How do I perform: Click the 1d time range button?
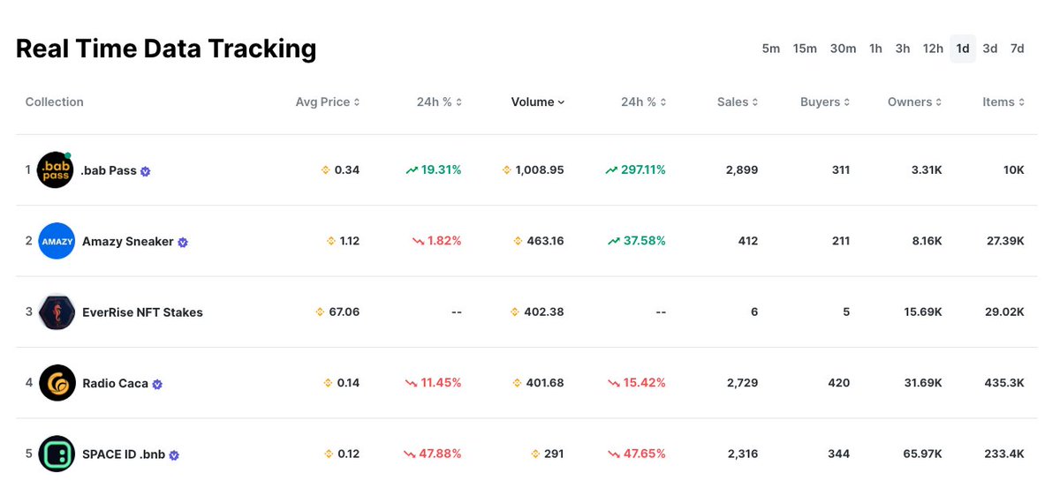pyautogui.click(x=963, y=49)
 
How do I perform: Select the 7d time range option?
pyautogui.click(x=1018, y=49)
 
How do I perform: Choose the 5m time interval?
pyautogui.click(x=771, y=49)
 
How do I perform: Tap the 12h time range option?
pyautogui.click(x=933, y=49)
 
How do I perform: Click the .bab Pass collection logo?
pyautogui.click(x=56, y=169)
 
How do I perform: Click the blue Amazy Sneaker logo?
pyautogui.click(x=57, y=241)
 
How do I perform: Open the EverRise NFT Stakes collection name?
pyautogui.click(x=142, y=312)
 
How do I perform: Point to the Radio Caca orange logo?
pyautogui.click(x=57, y=383)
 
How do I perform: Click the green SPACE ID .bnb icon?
pyautogui.click(x=57, y=454)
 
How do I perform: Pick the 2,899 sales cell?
pyautogui.click(x=741, y=169)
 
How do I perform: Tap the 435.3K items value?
pyautogui.click(x=1004, y=383)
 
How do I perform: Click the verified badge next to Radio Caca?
pyautogui.click(x=157, y=385)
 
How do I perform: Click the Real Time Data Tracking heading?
pyautogui.click(x=166, y=49)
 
